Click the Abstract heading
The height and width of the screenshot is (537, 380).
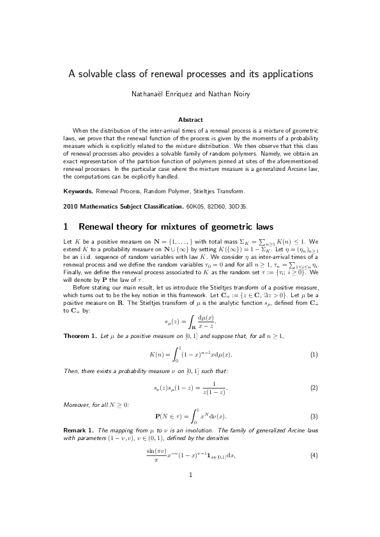click(190, 119)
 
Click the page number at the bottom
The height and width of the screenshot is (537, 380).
click(190, 510)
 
